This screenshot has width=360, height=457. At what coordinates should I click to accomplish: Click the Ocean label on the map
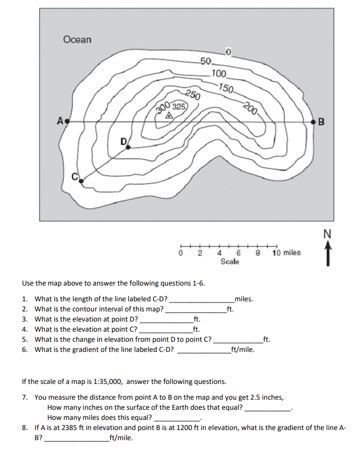(77, 40)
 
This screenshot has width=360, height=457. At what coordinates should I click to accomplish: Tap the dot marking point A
(67, 121)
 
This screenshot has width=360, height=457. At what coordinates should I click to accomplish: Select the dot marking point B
(313, 121)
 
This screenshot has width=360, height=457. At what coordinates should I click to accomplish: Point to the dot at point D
(128, 147)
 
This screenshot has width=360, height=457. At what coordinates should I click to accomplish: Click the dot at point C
(82, 180)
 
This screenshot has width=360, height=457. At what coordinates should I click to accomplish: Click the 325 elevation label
(179, 107)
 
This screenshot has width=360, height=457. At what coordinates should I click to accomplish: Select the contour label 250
(192, 94)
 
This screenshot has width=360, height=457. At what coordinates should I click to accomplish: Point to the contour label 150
(227, 87)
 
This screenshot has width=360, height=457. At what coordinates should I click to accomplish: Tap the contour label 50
(205, 61)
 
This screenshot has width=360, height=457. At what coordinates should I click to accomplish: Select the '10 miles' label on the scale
(286, 253)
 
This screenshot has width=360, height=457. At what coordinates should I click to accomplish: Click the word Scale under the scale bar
(230, 262)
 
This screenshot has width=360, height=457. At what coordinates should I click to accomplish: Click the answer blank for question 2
(195, 309)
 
